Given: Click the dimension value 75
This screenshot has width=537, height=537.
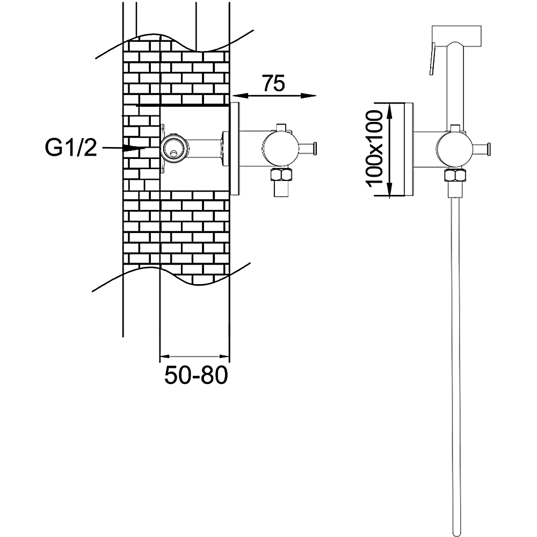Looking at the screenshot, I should [273, 84].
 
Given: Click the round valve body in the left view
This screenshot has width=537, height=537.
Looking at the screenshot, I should [279, 148].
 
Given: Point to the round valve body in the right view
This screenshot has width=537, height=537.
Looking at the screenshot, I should [454, 148].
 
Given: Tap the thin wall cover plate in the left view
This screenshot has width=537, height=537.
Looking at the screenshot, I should [235, 149].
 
